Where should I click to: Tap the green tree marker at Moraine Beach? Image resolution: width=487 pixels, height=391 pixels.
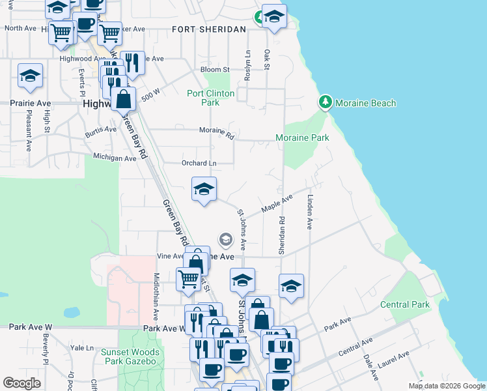(x=325, y=102)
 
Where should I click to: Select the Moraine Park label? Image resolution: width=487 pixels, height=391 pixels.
(x=302, y=138)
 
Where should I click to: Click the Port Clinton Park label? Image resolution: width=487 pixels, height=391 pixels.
(x=210, y=98)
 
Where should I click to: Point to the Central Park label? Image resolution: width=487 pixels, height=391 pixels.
(x=405, y=304)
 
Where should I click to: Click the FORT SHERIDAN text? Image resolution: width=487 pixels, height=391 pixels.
(x=209, y=29)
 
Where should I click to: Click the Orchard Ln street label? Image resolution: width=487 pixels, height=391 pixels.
(x=199, y=163)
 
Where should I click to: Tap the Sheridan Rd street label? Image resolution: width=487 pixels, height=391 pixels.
(x=282, y=236)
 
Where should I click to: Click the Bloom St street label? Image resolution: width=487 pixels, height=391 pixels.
(x=216, y=69)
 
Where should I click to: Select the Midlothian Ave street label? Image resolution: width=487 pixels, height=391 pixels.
(x=156, y=297)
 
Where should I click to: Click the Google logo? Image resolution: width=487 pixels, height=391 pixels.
(x=21, y=383)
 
